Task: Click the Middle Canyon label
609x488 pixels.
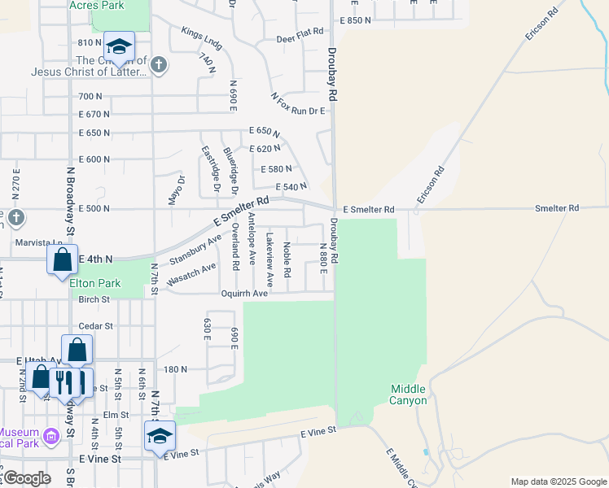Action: (x=408, y=394)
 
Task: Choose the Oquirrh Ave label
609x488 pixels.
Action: (x=243, y=293)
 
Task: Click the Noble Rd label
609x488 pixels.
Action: (x=287, y=259)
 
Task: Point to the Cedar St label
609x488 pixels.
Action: (x=95, y=325)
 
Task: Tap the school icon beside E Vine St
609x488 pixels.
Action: (x=160, y=436)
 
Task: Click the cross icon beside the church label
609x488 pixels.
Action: (x=159, y=65)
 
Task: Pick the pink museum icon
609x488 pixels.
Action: (x=50, y=438)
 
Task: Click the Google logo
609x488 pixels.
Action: (x=27, y=477)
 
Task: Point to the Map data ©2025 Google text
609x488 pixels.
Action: (x=558, y=481)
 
